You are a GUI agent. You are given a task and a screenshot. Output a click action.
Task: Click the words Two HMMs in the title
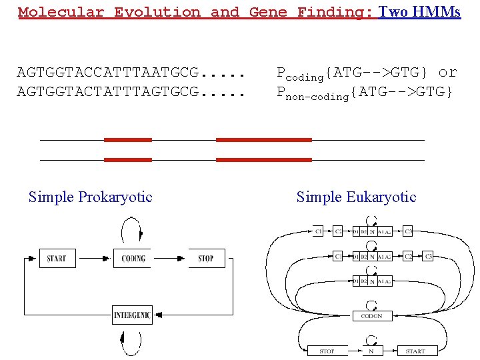[419, 12]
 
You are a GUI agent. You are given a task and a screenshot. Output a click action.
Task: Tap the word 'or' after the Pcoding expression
[448, 71]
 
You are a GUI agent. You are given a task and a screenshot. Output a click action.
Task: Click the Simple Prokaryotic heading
[91, 197]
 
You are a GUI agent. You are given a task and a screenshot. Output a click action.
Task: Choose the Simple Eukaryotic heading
[356, 197]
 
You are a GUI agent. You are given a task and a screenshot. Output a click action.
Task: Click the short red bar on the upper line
[127, 140]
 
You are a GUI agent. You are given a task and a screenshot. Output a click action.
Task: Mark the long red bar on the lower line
[264, 160]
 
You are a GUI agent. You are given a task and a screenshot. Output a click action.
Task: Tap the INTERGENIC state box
[132, 315]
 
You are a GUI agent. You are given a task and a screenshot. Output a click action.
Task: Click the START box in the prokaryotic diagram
[57, 258]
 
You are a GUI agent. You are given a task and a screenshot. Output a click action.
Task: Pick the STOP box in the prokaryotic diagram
[206, 258]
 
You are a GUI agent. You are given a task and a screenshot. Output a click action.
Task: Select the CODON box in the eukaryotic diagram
[371, 315]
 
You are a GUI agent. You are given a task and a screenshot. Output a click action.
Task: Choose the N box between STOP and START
[371, 351]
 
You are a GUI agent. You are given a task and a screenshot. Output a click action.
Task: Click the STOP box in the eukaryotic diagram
[327, 351]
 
